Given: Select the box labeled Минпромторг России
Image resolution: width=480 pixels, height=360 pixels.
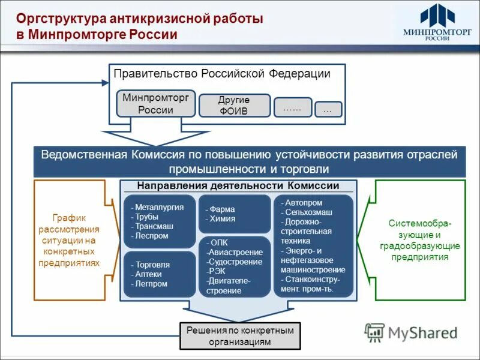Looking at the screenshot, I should (x=155, y=103).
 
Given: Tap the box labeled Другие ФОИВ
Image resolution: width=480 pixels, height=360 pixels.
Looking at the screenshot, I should (x=234, y=106).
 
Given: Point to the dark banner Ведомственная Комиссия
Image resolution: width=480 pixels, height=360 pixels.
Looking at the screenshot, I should (x=249, y=162).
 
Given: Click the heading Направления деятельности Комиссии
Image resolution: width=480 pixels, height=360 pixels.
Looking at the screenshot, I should (x=238, y=186).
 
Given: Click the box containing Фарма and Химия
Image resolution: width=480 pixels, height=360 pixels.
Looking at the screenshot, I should (x=234, y=214).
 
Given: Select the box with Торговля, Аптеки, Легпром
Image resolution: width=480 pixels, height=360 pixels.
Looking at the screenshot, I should (x=160, y=274).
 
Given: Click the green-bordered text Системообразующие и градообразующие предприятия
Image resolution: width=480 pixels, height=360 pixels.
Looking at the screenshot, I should (x=420, y=240).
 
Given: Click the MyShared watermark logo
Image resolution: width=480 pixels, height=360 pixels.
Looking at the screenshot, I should (x=411, y=332).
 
